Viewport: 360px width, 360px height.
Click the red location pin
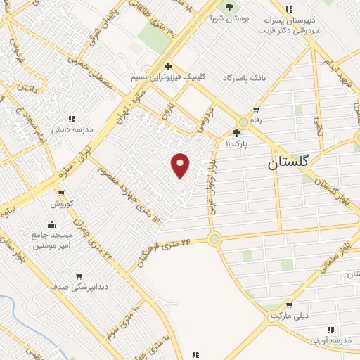tap(181, 165)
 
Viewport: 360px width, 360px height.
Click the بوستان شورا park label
tap(229, 19)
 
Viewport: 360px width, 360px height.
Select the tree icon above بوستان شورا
tap(229, 7)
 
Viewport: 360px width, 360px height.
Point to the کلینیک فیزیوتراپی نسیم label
tap(169, 78)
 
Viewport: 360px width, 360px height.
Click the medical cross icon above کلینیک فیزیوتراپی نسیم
tap(169, 66)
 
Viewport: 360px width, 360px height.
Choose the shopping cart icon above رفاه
tap(256, 109)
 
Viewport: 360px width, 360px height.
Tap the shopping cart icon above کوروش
tap(62, 193)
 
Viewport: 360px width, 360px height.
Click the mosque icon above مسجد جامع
tap(52, 224)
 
